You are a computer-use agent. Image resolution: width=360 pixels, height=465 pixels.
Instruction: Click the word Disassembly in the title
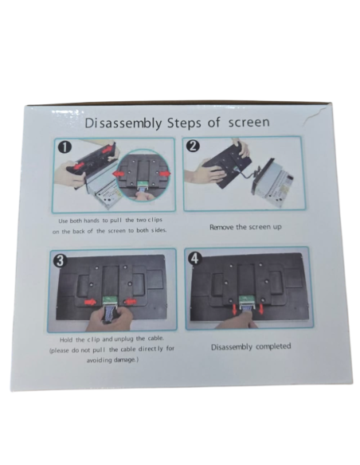pos(123,123)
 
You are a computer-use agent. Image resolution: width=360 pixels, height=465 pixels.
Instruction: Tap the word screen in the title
pos(248,123)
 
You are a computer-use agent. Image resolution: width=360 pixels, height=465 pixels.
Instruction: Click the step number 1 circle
pos(65,147)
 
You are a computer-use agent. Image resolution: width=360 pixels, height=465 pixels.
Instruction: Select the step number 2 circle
pos(194,146)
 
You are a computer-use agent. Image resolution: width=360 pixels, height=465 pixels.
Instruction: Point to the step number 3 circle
pos(60,261)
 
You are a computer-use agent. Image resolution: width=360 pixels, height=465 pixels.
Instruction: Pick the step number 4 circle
pos(194,259)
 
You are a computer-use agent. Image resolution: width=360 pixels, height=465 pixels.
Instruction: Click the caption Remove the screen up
pos(245,227)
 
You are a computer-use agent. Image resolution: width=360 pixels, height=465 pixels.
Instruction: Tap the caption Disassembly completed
pos(251,346)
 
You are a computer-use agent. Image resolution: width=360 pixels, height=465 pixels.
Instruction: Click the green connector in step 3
pos(111,301)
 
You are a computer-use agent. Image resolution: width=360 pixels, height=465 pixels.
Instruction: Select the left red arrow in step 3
pos(90,302)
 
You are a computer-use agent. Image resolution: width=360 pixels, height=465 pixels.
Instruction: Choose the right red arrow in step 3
pos(130,302)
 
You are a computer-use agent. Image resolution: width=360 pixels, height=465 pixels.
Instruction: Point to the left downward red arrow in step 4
pos(234,309)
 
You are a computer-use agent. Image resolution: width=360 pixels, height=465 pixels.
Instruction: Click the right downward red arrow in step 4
pos(261,309)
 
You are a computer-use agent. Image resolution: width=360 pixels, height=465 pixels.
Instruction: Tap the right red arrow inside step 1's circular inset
pos(165,174)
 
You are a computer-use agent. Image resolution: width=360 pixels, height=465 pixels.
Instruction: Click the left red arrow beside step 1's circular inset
pos(119,174)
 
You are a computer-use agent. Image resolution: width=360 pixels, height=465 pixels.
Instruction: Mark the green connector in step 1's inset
pos(142,186)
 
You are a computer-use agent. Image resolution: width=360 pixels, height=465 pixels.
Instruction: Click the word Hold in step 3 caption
pos(66,340)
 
